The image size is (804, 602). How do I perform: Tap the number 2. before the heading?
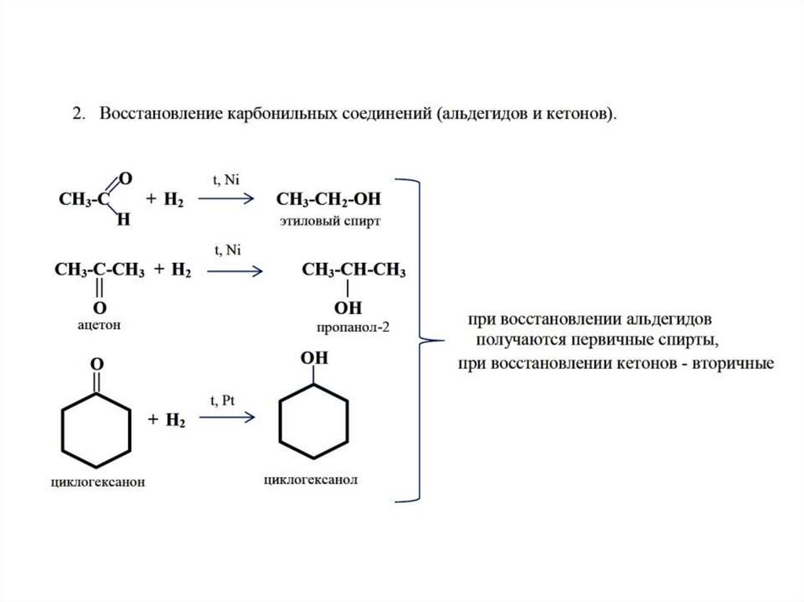pos(79,115)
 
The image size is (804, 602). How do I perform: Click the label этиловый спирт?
pos(330,221)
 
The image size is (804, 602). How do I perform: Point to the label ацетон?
pos(100,323)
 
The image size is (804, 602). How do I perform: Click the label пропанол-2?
pos(353,327)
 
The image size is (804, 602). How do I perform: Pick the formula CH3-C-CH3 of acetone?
pos(99,271)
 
